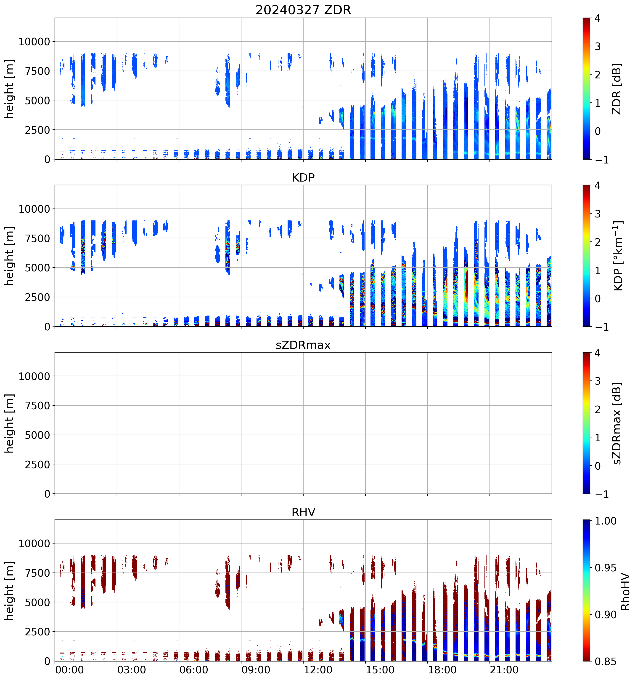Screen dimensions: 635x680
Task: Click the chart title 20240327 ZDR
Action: (303, 10)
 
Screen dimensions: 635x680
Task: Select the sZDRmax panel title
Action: (303, 345)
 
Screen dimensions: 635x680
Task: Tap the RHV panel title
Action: (303, 512)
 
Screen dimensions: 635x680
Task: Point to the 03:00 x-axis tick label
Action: (132, 670)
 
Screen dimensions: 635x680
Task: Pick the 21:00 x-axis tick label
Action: (504, 670)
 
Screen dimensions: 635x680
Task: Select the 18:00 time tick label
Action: (442, 670)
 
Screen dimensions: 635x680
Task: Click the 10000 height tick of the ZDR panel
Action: (34, 42)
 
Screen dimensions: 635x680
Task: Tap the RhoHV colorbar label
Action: (625, 592)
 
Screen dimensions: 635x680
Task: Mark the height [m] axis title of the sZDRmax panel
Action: (9, 423)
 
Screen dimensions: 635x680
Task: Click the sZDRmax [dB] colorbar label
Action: (616, 423)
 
